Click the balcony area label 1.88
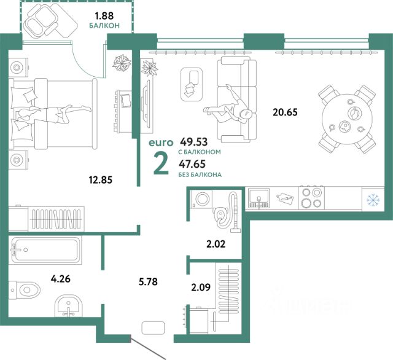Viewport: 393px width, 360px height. (x=104, y=16)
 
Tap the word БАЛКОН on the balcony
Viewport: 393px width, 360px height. (x=104, y=26)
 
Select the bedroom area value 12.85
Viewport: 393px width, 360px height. (x=101, y=180)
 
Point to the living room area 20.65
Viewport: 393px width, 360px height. (x=285, y=112)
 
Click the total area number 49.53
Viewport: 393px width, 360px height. (x=194, y=142)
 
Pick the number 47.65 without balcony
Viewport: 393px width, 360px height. (x=192, y=164)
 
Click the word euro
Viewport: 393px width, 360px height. (x=161, y=143)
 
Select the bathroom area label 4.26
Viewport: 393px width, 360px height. (x=60, y=278)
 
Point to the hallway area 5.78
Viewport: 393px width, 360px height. (x=148, y=281)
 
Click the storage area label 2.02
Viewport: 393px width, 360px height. (x=216, y=244)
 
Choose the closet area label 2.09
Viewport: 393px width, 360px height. (x=201, y=288)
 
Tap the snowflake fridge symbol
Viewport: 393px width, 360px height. (x=373, y=200)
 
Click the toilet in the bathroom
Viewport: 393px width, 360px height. (x=25, y=290)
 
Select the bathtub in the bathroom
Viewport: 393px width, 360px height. (x=45, y=250)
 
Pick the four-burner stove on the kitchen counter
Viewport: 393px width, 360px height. (x=311, y=198)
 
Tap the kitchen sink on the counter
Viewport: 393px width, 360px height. (x=259, y=198)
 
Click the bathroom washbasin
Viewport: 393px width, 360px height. (x=68, y=305)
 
